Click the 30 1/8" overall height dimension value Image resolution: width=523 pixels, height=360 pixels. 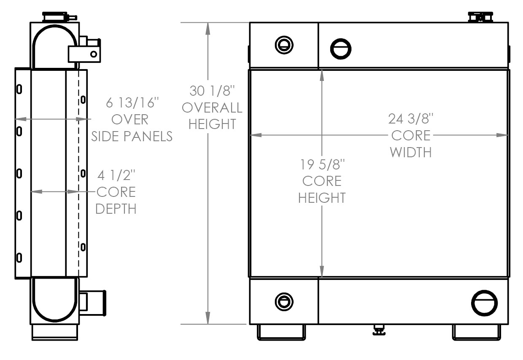coord(212,91)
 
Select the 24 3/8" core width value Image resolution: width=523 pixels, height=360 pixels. coord(411,118)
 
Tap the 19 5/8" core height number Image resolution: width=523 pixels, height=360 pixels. coord(322,164)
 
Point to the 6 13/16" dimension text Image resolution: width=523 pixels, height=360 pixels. coord(132,103)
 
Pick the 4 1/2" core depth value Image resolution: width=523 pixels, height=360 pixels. coord(116,175)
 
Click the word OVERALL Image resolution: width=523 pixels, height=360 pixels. coord(212,107)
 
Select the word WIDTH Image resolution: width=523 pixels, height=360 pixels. coord(411,152)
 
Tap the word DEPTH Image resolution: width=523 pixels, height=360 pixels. coord(116,209)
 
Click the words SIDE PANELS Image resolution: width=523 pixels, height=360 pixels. coord(132,136)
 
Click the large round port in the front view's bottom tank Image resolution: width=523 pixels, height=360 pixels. coord(485,303)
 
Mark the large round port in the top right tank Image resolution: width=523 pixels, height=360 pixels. coord(341,49)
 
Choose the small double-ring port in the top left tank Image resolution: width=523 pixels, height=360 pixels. coord(284,45)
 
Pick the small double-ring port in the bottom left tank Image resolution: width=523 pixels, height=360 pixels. coord(284,302)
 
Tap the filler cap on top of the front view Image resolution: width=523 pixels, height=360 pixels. coord(480,17)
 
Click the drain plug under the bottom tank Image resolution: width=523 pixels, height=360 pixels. coord(379,330)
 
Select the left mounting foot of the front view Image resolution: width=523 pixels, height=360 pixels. coord(281,332)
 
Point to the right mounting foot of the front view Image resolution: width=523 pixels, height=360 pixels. coord(477,332)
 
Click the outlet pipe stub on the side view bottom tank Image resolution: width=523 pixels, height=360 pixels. coord(93,303)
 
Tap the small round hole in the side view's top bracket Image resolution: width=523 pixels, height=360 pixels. coord(94,54)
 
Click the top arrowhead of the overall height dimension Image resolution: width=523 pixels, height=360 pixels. coord(208,29)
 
